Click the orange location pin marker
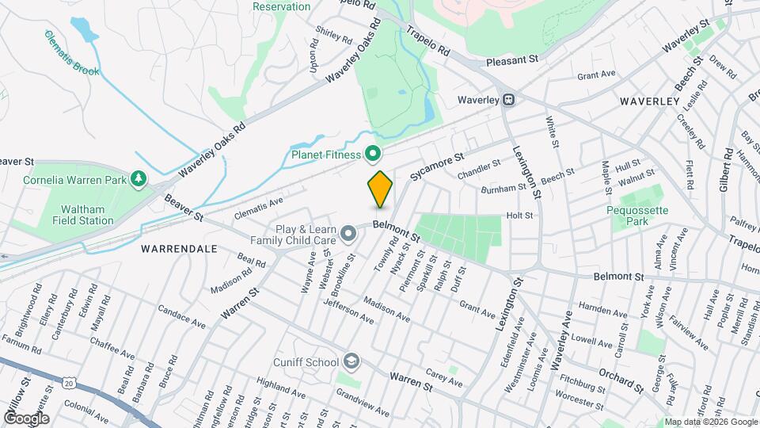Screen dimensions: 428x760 [380, 189]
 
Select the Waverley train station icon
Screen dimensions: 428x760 [510, 101]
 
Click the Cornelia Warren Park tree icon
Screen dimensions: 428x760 [139, 179]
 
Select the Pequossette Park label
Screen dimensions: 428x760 [638, 216]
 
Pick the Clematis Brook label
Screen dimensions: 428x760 [72, 54]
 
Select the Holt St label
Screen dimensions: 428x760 [519, 215]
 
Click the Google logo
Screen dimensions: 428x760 [26, 418]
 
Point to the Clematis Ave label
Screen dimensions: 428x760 [259, 208]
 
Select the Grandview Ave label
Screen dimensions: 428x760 [362, 403]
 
